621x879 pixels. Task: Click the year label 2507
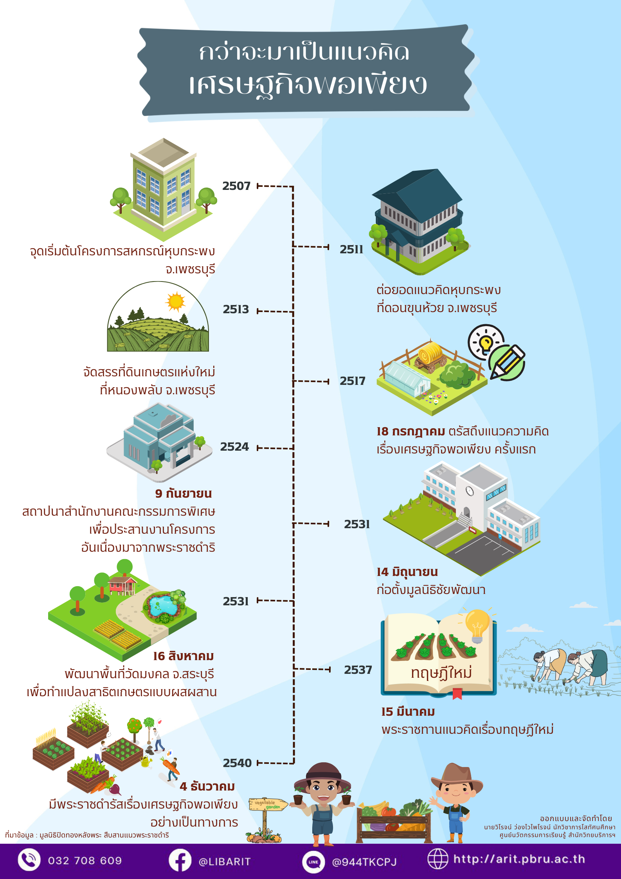[236, 186]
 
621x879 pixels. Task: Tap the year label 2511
[351, 249]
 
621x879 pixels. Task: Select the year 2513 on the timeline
[236, 309]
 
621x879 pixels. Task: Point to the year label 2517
[352, 381]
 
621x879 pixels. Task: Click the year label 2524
[234, 447]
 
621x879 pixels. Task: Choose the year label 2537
[358, 670]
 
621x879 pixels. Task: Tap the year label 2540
[237, 763]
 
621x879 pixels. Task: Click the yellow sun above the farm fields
[175, 301]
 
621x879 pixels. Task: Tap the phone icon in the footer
[29, 860]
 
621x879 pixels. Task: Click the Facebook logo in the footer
[180, 860]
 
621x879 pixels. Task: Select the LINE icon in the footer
[313, 862]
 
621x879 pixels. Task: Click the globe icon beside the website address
[437, 859]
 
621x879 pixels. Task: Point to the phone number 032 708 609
[85, 861]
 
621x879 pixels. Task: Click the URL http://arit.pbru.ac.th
[519, 859]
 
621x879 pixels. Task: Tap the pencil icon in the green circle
[507, 363]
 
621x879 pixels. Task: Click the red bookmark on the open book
[457, 694]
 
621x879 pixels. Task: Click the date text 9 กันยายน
[183, 493]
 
